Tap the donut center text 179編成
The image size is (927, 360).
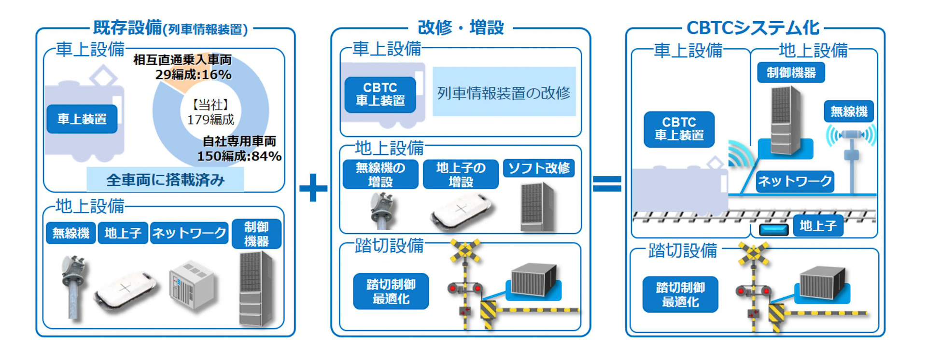coord(211,120)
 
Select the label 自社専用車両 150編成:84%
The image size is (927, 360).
coord(239,149)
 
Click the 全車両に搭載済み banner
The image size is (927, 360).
coord(165,180)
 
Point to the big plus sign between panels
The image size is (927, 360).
coord(313,187)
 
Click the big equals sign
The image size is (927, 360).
coord(607,184)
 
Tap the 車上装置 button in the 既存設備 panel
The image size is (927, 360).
coord(82,119)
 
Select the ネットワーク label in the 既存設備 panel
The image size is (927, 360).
coord(189,234)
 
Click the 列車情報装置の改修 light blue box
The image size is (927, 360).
coord(504,92)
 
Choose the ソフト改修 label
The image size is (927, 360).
coord(539,168)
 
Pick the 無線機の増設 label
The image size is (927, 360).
coord(380,174)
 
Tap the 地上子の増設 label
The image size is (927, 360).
coord(461,174)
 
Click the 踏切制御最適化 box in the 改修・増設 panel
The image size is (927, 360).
coord(391,291)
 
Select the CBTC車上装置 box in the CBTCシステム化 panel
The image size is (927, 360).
coord(679,129)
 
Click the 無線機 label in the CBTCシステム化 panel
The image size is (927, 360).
coord(848,111)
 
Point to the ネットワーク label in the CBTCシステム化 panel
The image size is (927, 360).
coord(795,181)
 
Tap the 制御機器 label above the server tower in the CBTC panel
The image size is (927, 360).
coord(791,72)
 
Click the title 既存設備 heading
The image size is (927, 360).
coord(127,28)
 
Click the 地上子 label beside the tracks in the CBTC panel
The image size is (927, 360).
coord(818,225)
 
